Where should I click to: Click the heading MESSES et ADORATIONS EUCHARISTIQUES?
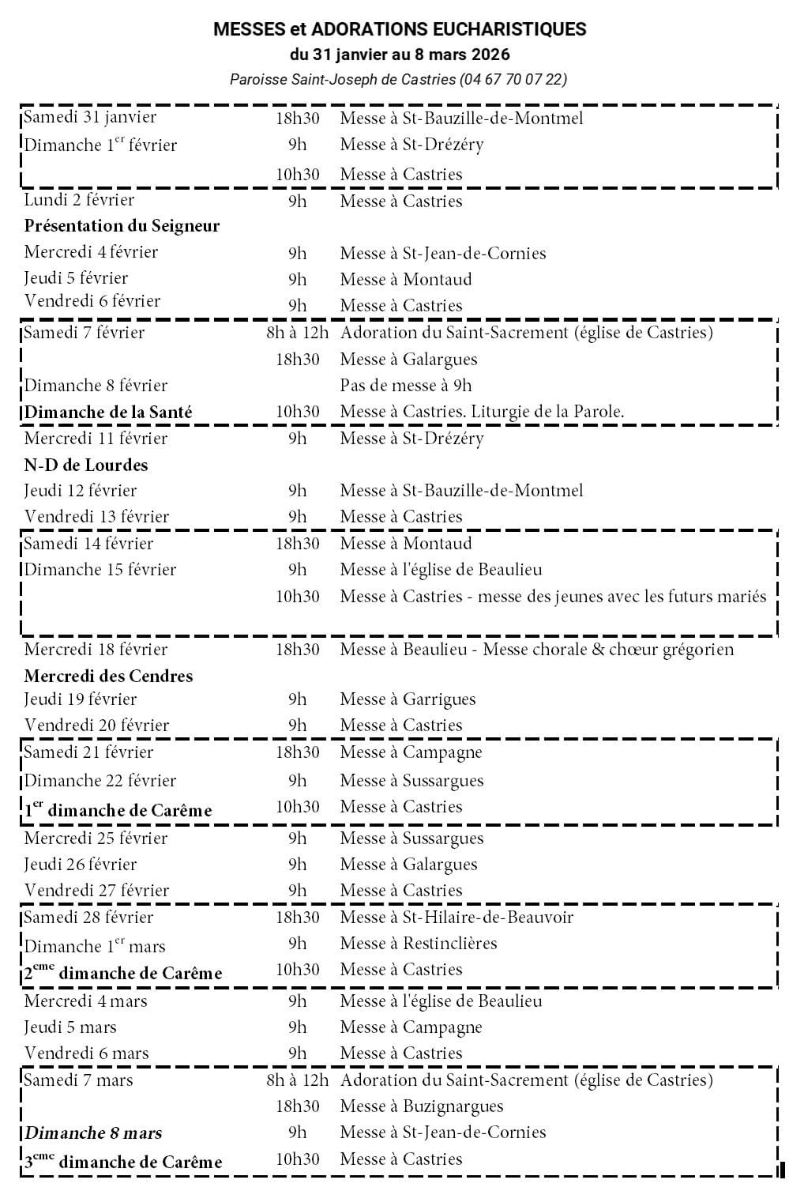point(400,30)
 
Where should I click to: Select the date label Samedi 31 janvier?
point(90,117)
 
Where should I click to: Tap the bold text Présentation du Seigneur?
point(122,226)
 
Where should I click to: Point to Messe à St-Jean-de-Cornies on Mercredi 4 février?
point(442,254)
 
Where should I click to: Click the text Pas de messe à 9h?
point(405,386)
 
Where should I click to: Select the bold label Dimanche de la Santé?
point(108,412)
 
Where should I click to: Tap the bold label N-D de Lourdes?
point(86,465)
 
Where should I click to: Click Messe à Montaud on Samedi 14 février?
point(405,544)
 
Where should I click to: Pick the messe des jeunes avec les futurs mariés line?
point(553,597)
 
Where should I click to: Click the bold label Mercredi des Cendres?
point(108,676)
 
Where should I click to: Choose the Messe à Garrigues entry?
point(408,699)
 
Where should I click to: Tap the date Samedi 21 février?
point(88,752)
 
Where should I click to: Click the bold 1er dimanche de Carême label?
point(118,810)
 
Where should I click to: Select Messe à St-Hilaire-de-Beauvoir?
point(456,918)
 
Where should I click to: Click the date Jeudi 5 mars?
point(70,1027)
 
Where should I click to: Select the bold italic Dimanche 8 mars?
point(93,1133)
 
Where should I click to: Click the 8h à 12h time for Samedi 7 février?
point(297,333)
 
